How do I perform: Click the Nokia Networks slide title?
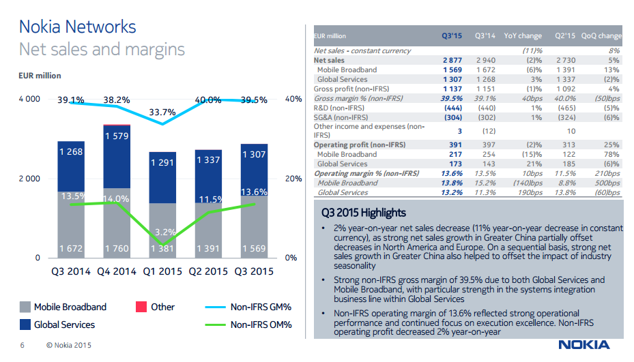coord(77,27)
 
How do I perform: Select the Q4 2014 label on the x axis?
coord(117,271)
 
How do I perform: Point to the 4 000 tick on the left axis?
coord(28,100)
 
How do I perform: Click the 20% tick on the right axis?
coord(293,179)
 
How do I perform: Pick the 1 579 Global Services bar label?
coord(117,136)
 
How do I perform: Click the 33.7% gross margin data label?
coord(162,112)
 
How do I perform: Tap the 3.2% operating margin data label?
coord(162,232)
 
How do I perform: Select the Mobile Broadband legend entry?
coord(70,307)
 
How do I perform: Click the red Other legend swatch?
coord(142,307)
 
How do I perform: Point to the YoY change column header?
coord(523,36)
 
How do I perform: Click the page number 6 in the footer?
coord(23,345)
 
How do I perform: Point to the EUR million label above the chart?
coord(39,76)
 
